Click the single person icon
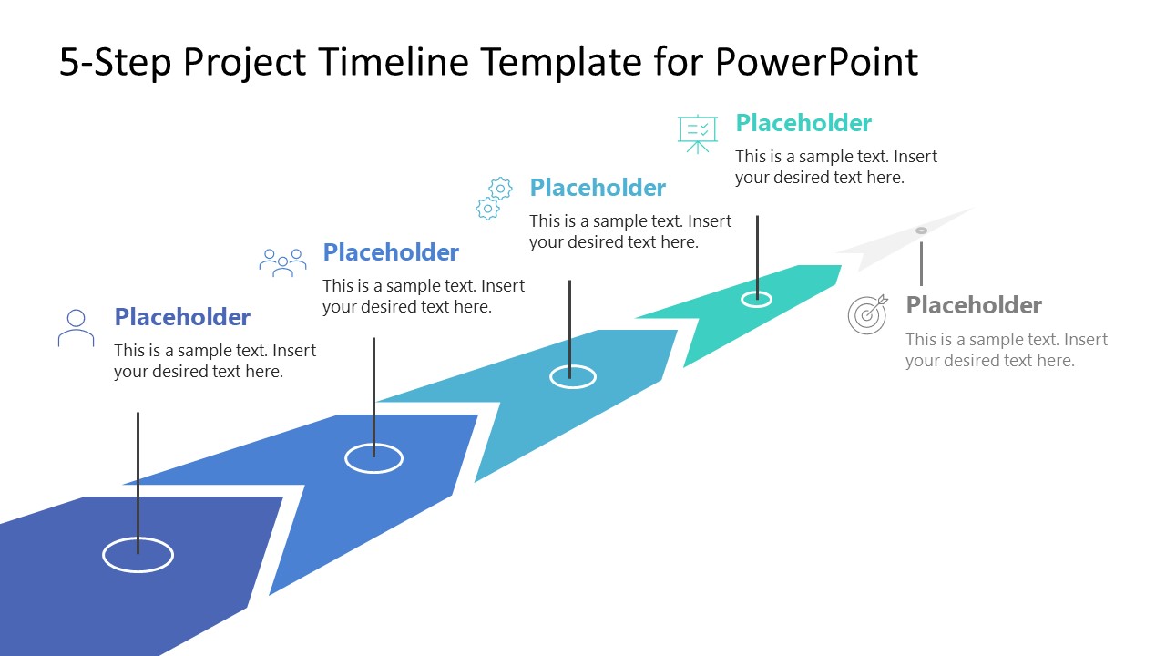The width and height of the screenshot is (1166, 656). click(76, 328)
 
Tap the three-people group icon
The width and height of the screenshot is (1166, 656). click(282, 262)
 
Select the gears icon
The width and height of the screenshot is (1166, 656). click(495, 199)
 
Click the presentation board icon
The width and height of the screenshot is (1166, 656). click(698, 133)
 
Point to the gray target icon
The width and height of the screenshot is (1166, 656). click(867, 314)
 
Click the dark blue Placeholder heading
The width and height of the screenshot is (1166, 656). click(182, 317)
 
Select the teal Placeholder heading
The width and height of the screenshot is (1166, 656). click(803, 123)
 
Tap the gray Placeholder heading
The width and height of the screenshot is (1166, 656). click(974, 305)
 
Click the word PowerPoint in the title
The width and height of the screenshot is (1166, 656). click(816, 62)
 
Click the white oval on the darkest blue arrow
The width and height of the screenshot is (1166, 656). click(138, 555)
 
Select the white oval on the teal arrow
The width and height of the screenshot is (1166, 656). click(756, 299)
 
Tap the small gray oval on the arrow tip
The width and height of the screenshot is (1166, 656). click(921, 231)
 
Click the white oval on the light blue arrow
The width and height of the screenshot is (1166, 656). click(573, 376)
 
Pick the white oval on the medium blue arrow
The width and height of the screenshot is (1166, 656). click(373, 458)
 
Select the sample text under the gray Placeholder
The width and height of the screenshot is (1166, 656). click(1006, 350)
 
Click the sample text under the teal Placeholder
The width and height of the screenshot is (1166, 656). click(835, 167)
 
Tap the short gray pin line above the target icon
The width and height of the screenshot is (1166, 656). click(921, 263)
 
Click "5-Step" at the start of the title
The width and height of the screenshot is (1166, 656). click(115, 62)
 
